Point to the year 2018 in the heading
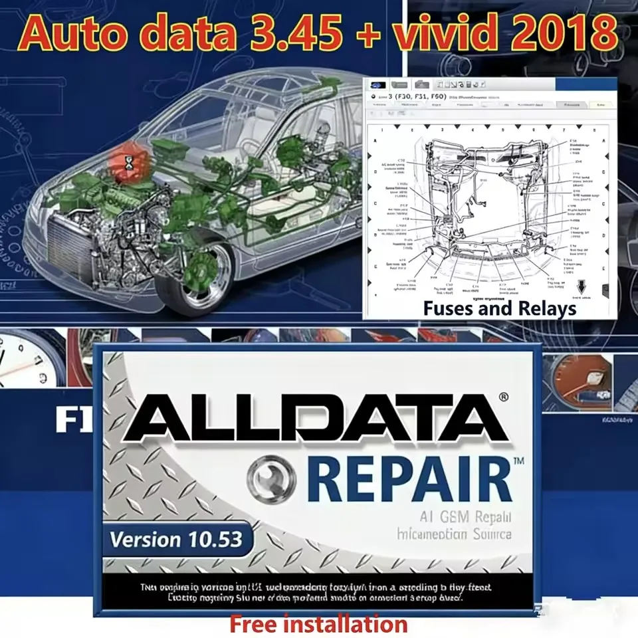572,34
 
